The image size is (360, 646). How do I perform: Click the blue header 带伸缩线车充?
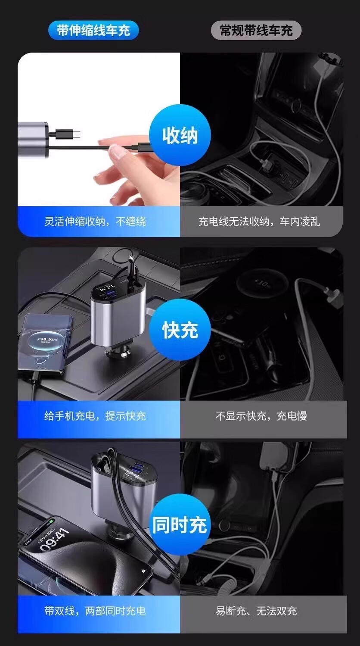click(93, 31)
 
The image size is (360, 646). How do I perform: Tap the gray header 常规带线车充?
click(256, 31)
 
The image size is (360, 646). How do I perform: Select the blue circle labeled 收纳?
click(180, 135)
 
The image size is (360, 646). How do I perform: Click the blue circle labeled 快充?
click(180, 331)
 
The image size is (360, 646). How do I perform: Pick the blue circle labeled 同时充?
click(180, 525)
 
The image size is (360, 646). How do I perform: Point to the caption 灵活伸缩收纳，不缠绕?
click(95, 222)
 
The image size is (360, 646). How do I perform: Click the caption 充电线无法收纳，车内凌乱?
click(259, 222)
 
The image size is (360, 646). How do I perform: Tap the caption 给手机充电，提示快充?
click(95, 416)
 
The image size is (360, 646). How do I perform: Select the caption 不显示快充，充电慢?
click(261, 416)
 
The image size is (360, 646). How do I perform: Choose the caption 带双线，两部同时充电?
click(95, 611)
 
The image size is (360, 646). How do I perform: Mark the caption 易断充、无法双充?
click(256, 611)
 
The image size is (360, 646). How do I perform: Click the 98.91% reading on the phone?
click(48, 340)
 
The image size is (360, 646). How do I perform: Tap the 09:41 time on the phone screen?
click(55, 539)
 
